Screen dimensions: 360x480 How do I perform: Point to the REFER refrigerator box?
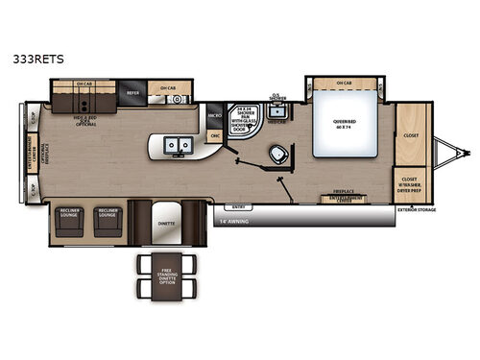tap(132, 94)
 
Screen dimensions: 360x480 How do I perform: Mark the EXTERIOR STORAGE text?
tap(416, 208)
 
